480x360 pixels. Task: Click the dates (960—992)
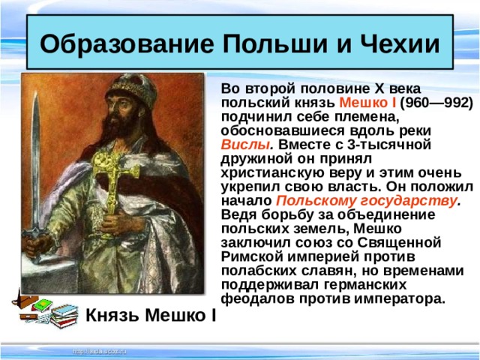coord(437,103)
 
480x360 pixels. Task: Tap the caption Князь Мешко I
coord(151,315)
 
